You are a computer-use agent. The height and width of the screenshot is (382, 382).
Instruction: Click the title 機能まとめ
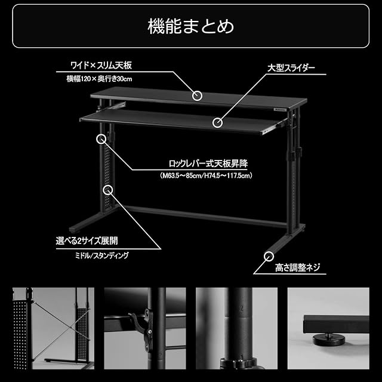(191, 26)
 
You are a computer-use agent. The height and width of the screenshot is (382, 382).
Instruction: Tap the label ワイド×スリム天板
(101, 65)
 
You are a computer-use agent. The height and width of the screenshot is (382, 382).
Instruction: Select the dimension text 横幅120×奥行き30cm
(100, 79)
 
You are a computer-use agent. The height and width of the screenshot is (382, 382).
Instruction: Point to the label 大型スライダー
(291, 68)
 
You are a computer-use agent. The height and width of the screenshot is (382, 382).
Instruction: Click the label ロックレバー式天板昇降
(208, 164)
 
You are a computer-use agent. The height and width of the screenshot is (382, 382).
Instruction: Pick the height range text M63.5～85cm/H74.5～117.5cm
(206, 175)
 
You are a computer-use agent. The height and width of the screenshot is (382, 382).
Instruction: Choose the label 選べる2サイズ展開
(87, 241)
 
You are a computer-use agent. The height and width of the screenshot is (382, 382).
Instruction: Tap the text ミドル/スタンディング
(102, 255)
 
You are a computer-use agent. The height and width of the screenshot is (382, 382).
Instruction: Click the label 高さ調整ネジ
(297, 267)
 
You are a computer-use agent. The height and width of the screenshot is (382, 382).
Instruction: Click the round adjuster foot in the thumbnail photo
(329, 340)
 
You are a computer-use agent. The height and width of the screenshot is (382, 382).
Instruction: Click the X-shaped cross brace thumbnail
(53, 328)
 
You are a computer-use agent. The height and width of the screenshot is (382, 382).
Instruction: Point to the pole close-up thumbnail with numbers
(236, 328)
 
